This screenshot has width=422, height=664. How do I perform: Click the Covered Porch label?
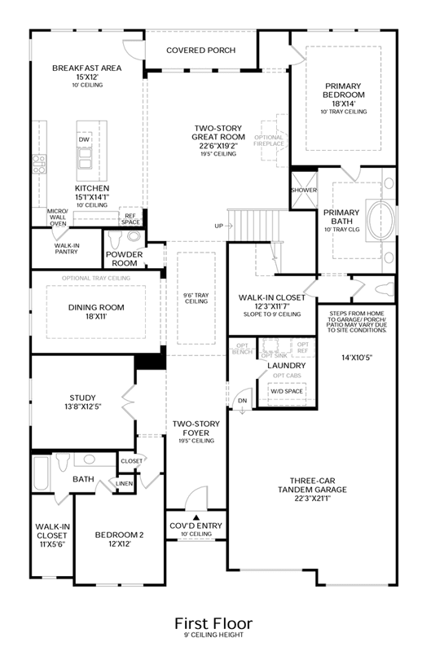200,50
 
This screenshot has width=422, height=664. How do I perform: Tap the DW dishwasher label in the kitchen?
84,139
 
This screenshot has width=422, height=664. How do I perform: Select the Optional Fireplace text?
269,141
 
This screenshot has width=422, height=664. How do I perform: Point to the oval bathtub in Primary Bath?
381,220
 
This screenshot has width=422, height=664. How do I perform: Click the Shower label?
304,190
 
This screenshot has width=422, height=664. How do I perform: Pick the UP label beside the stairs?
218,226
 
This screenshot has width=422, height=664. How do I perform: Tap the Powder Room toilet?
115,240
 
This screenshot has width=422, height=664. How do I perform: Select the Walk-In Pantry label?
67,248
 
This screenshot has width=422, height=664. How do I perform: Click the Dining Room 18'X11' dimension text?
96,316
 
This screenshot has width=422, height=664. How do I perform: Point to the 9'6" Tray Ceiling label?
196,298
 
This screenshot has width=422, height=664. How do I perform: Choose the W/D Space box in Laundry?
287,391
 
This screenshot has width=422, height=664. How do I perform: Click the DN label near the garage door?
242,401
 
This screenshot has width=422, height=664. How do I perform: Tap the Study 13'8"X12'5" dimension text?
82,407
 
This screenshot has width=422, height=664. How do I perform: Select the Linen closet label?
124,483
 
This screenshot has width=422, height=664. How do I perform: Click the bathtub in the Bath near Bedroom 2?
42,473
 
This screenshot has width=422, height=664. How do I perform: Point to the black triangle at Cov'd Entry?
196,517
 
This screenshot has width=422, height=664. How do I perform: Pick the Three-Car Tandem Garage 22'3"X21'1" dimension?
312,499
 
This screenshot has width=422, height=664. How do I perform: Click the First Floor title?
213,623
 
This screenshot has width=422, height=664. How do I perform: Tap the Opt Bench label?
243,349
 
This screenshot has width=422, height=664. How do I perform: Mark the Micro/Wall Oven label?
58,218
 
